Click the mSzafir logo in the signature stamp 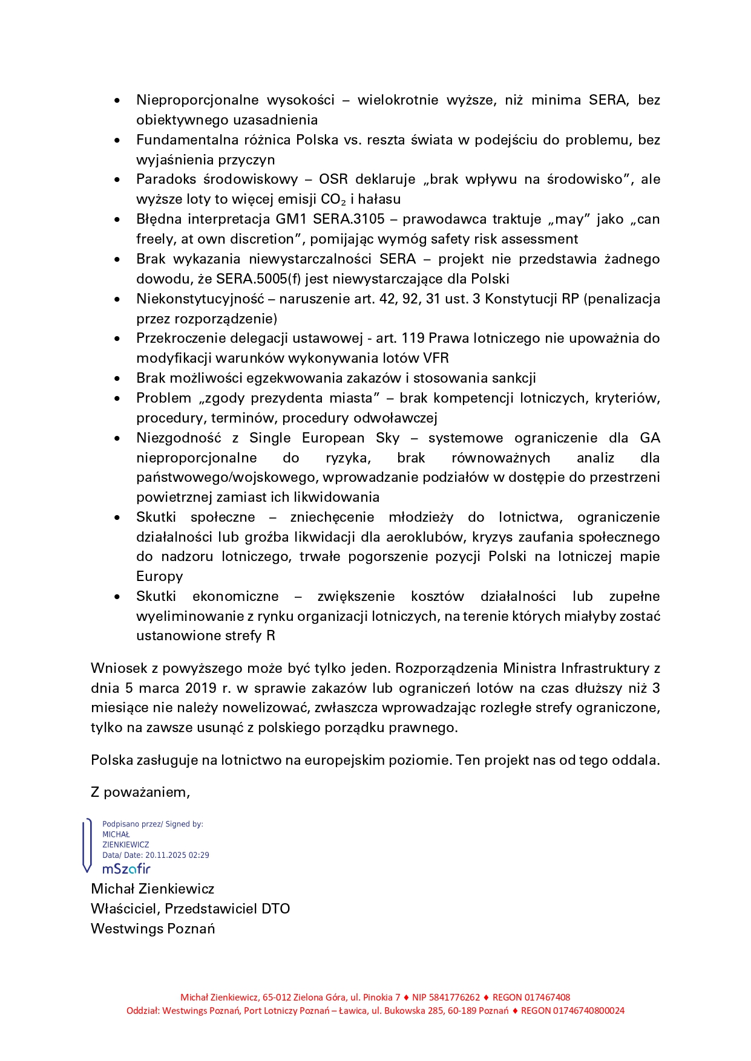(x=126, y=869)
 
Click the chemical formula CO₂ (x=333, y=200)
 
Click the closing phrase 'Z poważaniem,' (x=140, y=792)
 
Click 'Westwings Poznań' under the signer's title (x=152, y=929)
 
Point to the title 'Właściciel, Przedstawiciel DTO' (x=190, y=909)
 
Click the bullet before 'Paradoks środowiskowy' (x=117, y=180)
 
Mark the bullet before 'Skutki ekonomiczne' (x=117, y=597)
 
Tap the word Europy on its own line (x=159, y=576)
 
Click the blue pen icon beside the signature (x=87, y=846)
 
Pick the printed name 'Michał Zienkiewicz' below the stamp (x=152, y=889)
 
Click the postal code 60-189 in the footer (x=461, y=1010)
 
